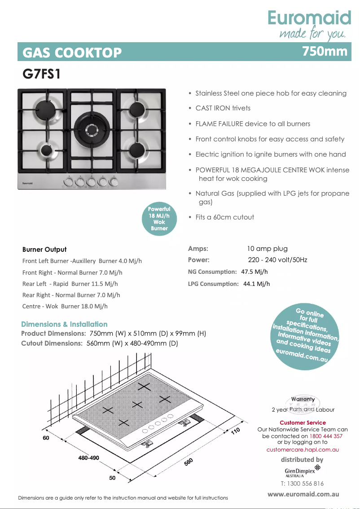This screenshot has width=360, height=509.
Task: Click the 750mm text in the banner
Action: [325, 51]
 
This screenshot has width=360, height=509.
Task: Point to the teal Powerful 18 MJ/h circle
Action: [159, 219]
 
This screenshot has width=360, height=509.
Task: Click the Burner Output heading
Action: [44, 250]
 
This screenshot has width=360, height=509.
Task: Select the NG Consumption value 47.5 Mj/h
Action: [255, 272]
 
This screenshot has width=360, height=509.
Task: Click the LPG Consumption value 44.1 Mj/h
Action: [256, 284]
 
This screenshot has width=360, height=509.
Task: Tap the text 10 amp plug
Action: [267, 249]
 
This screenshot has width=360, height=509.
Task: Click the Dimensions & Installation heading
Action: [64, 324]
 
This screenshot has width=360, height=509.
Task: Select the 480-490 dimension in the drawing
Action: [88, 458]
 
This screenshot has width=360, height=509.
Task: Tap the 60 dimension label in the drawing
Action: [46, 438]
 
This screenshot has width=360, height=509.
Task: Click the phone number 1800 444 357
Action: [326, 436]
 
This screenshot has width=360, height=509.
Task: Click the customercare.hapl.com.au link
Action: [302, 449]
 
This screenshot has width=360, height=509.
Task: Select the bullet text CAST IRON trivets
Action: [223, 108]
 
